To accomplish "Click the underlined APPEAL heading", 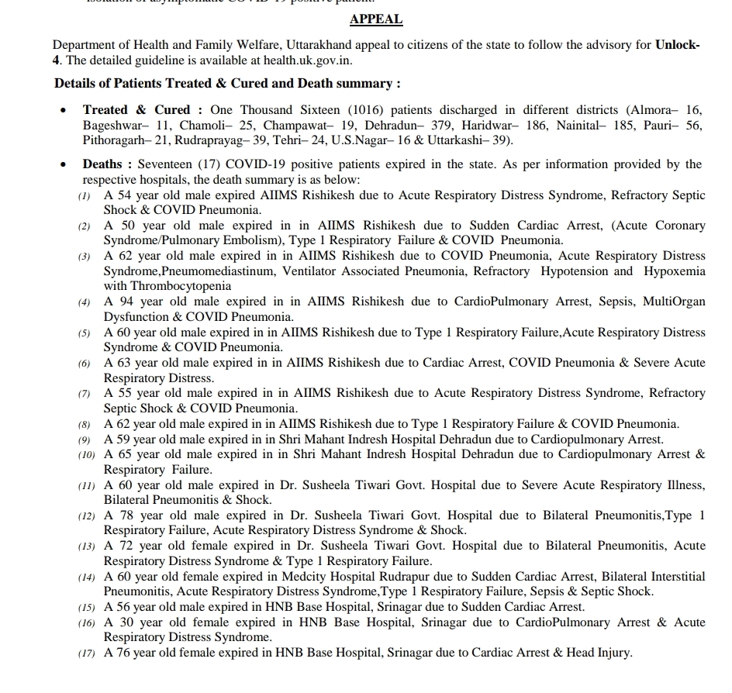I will [x=376, y=19].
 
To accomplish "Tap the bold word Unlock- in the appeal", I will [x=678, y=44].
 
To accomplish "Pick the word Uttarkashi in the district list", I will [x=457, y=140].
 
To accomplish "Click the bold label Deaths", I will [x=102, y=164].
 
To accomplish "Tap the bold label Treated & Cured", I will [x=136, y=109].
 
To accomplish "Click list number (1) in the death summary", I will [x=85, y=195].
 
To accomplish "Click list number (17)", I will [x=86, y=653].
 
